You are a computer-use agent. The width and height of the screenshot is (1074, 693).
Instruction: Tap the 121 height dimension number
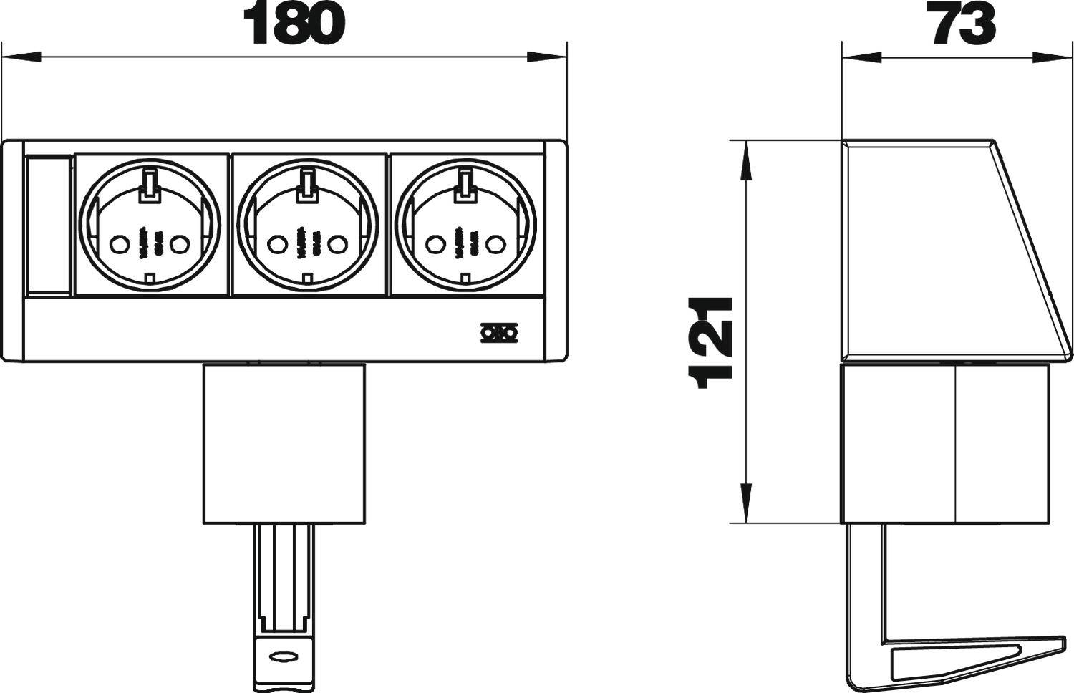click(x=710, y=343)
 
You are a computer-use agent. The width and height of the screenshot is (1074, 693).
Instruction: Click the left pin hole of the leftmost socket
click(x=119, y=244)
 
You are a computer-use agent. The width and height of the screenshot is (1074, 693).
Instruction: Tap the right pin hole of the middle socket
click(x=338, y=244)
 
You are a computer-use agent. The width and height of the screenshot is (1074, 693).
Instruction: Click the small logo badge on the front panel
click(x=499, y=332)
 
